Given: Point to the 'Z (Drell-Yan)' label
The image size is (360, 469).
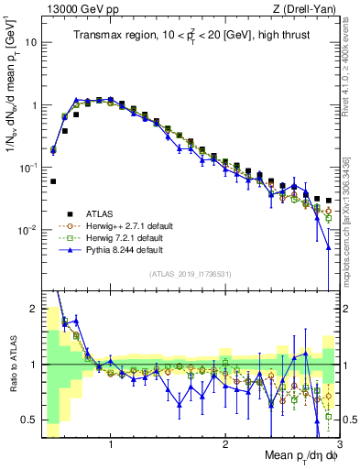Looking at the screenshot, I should (308, 8).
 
